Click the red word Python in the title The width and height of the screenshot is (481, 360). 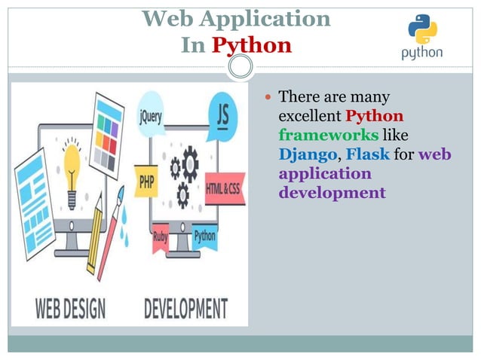pyautogui.click(x=251, y=45)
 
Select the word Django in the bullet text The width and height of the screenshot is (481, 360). pyautogui.click(x=305, y=155)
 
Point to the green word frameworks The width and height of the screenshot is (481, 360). pyautogui.click(x=328, y=136)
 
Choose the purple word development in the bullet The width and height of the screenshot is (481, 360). pyautogui.click(x=332, y=193)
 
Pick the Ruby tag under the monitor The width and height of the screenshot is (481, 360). pyautogui.click(x=161, y=236)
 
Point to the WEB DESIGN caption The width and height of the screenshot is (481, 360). pyautogui.click(x=70, y=308)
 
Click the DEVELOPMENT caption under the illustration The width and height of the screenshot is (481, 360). pyautogui.click(x=185, y=308)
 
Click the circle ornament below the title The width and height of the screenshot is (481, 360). pyautogui.click(x=240, y=68)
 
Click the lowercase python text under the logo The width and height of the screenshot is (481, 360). pyautogui.click(x=422, y=53)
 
